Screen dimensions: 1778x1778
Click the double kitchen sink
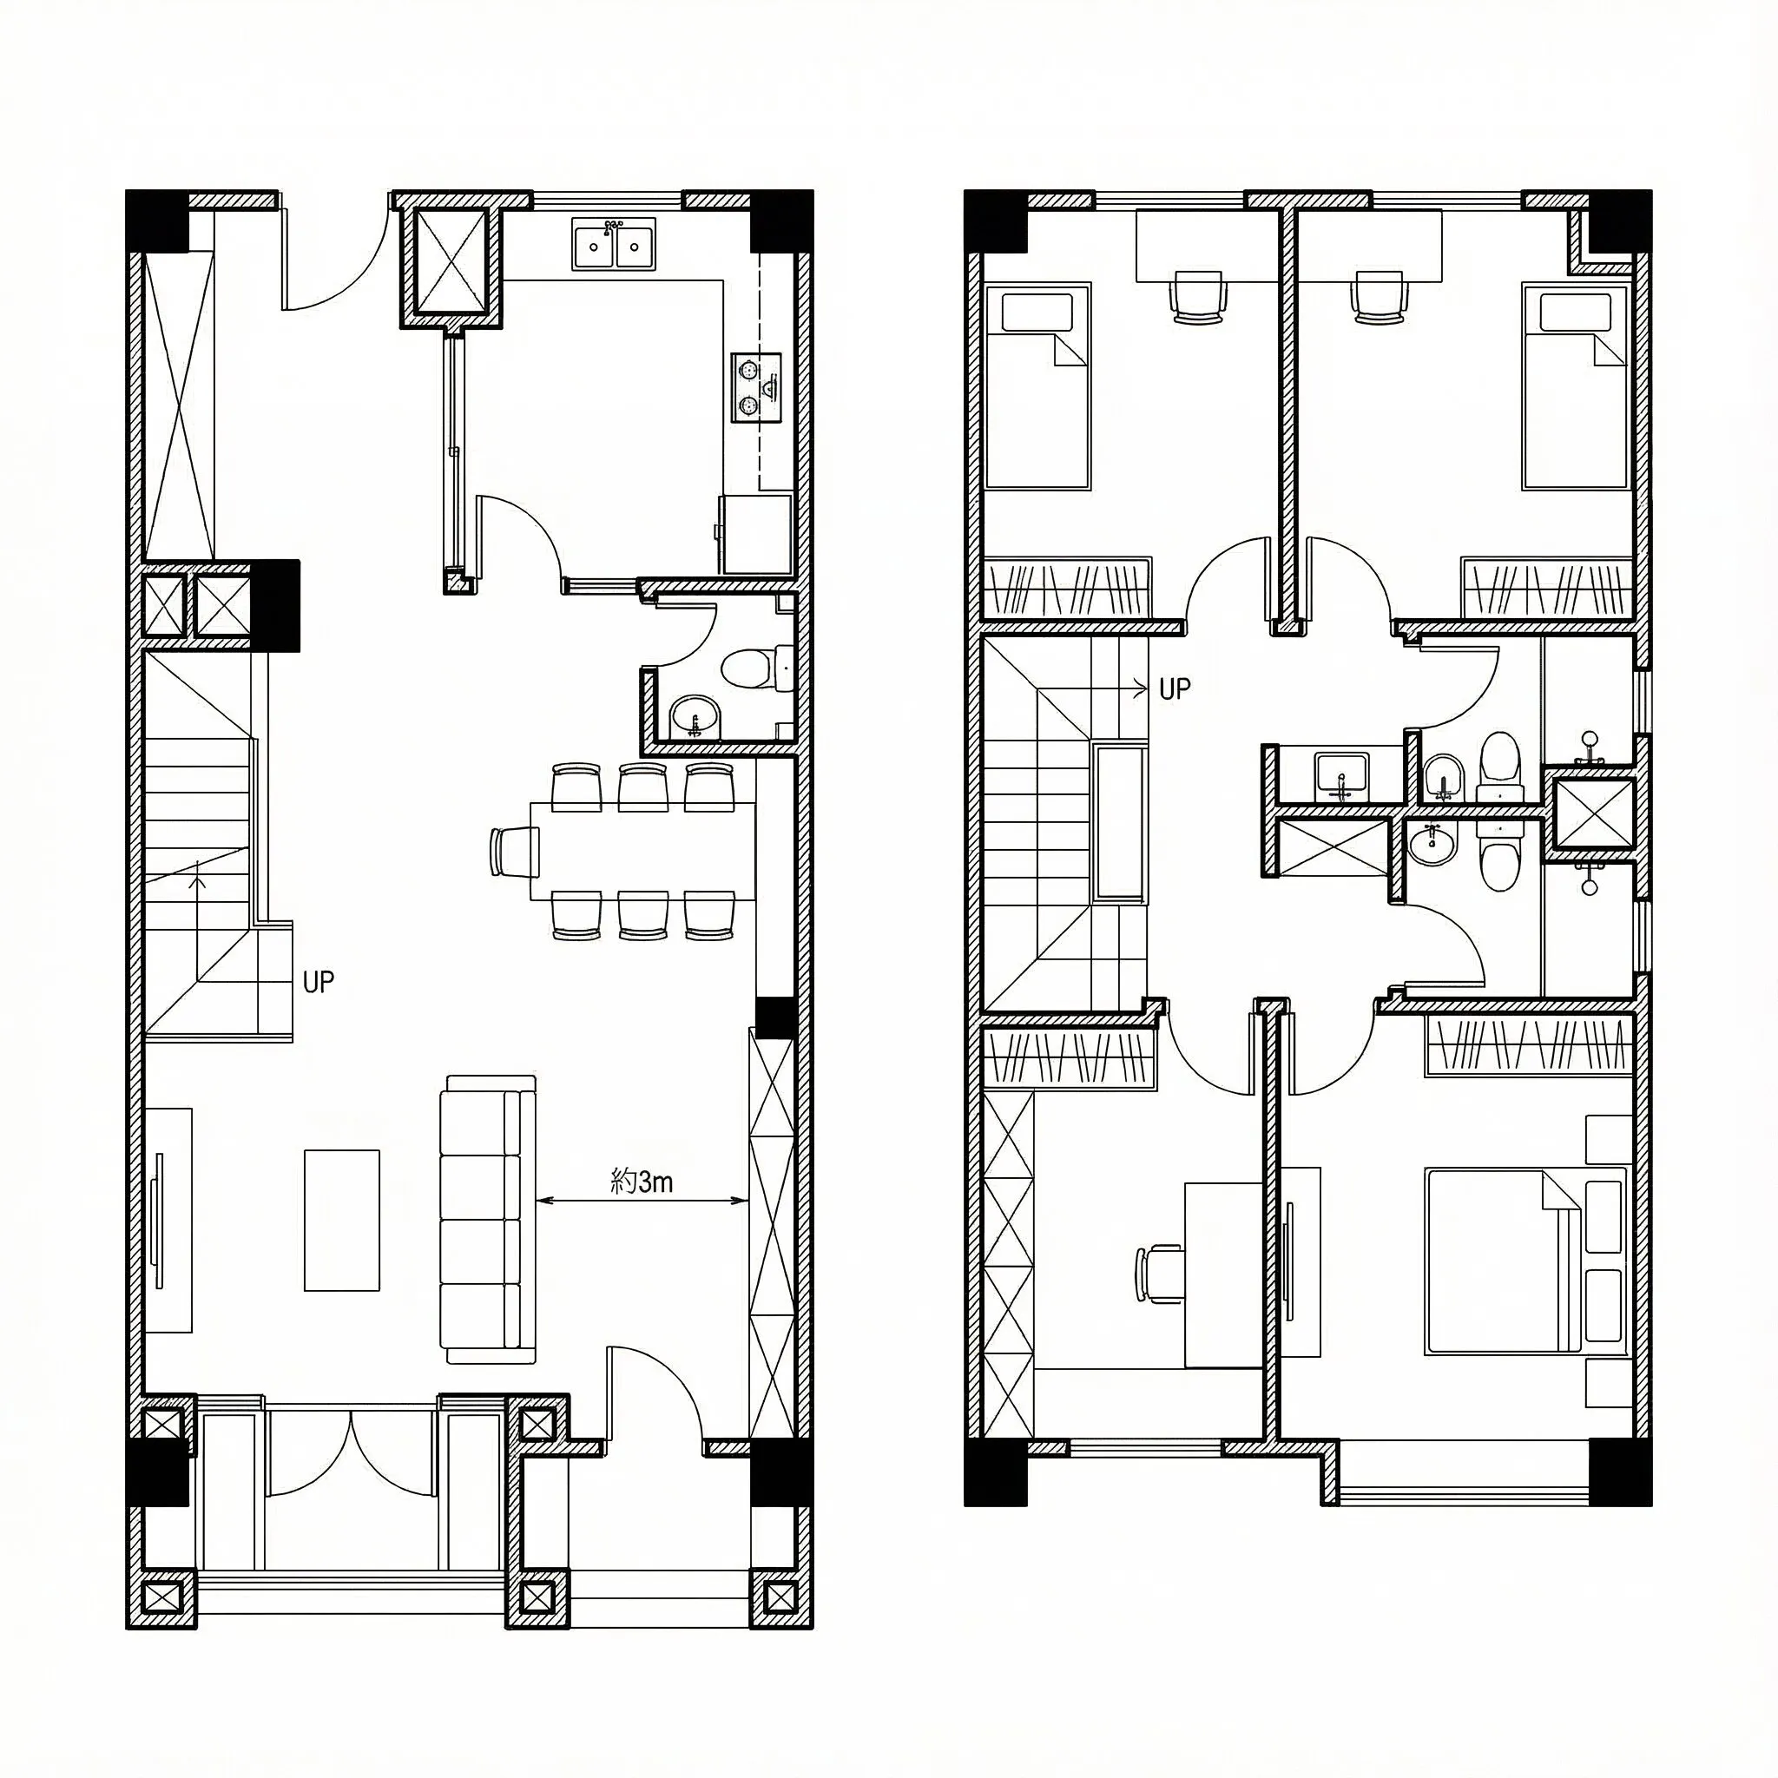(x=613, y=244)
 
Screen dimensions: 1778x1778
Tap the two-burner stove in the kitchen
(x=755, y=387)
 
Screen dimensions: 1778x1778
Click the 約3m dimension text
(x=642, y=1181)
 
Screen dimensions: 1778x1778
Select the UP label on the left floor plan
(x=319, y=982)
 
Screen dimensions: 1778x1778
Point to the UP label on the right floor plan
(x=1175, y=688)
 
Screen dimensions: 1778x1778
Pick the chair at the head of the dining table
(x=516, y=852)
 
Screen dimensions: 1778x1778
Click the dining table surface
(x=642, y=852)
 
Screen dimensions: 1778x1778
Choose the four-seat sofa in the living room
(x=489, y=1220)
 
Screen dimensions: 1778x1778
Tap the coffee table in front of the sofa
(x=342, y=1221)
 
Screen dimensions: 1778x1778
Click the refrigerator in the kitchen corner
(x=754, y=535)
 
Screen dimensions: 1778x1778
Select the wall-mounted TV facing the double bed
(x=1289, y=1260)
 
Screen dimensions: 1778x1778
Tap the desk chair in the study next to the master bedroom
(x=1160, y=1274)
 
